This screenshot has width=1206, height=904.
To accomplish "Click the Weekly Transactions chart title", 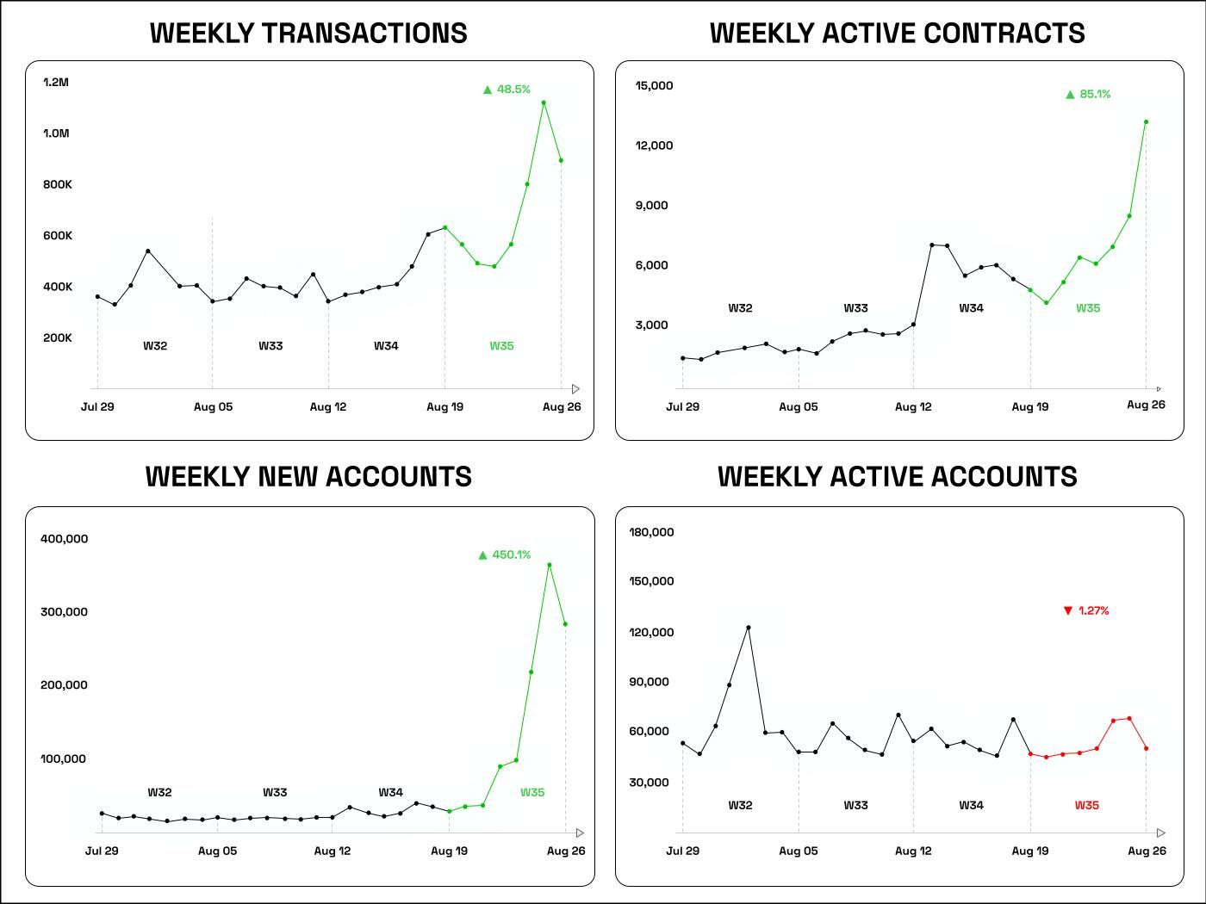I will tap(308, 33).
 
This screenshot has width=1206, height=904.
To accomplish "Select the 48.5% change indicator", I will tap(507, 90).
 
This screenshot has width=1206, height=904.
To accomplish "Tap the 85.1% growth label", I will tap(1088, 95).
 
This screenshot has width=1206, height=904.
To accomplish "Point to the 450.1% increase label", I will tap(505, 555).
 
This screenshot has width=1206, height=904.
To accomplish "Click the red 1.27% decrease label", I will tap(1086, 611).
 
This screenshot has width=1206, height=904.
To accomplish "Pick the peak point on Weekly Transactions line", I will tap(544, 102).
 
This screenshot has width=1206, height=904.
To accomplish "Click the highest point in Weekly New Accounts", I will tap(550, 565).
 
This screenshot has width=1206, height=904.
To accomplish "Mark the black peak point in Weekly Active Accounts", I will tap(748, 628).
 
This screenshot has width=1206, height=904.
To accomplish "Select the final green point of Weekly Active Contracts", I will tap(1146, 122).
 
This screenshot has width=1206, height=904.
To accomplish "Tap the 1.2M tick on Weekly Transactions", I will tap(55, 83).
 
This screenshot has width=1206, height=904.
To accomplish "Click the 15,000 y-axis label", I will tap(654, 86).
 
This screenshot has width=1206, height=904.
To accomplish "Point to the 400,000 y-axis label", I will tap(64, 539).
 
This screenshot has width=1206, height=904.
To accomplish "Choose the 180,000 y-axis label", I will tap(651, 533).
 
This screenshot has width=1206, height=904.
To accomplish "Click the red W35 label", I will tap(1086, 806).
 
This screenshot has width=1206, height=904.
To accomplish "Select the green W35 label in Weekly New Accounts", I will tap(532, 793).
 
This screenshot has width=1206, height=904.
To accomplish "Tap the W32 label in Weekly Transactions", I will tap(155, 346).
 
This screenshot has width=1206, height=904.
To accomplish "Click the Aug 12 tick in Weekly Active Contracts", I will tap(913, 407).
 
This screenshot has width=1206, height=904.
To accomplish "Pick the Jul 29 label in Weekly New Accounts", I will tap(102, 851).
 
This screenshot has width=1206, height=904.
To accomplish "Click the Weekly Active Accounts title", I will tap(897, 477).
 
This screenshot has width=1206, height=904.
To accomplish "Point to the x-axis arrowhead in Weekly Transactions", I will tap(575, 389).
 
